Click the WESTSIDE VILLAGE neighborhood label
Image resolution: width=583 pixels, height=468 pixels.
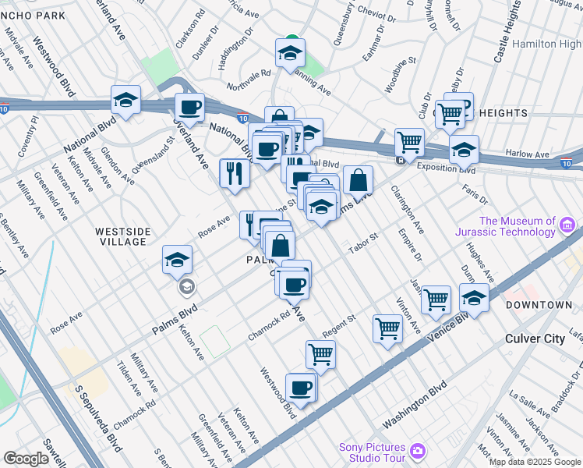click(x=121, y=236)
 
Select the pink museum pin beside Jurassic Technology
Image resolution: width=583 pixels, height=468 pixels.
click(x=568, y=227)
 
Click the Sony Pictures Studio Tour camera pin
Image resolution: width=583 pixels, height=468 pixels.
click(x=418, y=452)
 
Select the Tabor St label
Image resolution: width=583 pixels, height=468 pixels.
click(x=362, y=240)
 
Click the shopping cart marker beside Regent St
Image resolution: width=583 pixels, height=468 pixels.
click(x=387, y=328)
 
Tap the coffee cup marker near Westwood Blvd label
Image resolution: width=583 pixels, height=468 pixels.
click(x=300, y=387)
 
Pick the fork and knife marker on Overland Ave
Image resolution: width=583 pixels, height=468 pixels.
click(x=234, y=173)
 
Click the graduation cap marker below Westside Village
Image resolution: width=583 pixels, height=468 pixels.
click(x=177, y=260)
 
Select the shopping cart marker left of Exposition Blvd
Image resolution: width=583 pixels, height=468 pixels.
click(x=409, y=143)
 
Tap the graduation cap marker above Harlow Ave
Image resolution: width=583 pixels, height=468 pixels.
click(x=464, y=149)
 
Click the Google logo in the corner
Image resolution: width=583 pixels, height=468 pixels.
click(x=26, y=459)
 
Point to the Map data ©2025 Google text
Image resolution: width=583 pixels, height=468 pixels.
click(x=534, y=462)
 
